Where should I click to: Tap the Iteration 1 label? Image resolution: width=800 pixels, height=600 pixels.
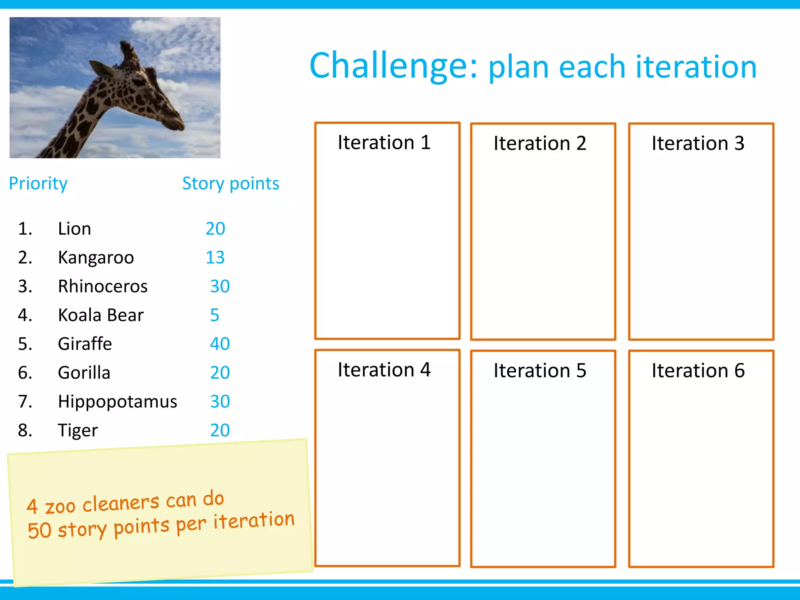[x=384, y=142]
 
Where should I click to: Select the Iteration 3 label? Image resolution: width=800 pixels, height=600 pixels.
[x=698, y=143]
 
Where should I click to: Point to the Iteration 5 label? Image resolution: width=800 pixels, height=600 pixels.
[x=539, y=371]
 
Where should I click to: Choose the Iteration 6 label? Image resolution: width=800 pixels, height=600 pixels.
[x=698, y=371]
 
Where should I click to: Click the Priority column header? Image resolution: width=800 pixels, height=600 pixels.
[x=38, y=184]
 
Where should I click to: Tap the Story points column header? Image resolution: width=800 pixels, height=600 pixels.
[x=230, y=184]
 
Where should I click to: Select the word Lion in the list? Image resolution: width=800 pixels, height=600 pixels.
[x=74, y=229]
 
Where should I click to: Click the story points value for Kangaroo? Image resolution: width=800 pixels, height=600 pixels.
[x=215, y=257]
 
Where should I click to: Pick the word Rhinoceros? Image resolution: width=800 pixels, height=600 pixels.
[x=102, y=286]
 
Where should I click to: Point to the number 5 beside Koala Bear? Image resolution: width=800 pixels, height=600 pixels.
[x=214, y=315]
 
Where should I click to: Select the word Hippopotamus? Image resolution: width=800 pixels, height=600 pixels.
[x=117, y=402]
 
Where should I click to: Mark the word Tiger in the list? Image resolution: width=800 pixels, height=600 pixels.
[x=78, y=430]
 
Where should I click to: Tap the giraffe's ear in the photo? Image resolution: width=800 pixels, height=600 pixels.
[x=102, y=69]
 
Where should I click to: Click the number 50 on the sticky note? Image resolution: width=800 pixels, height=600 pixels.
[x=39, y=530]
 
